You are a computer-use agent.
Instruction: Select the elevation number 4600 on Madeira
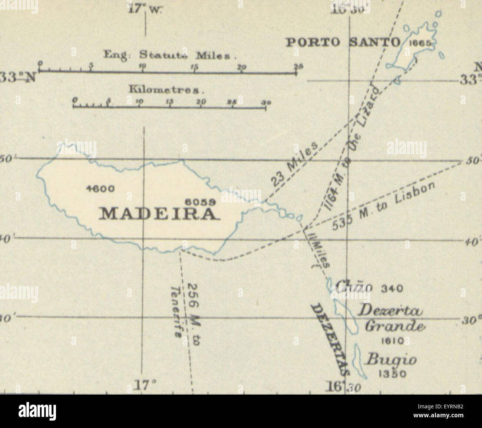[x=100, y=188]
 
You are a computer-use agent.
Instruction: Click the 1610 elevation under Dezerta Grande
[x=388, y=341]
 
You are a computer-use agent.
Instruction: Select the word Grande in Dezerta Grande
[x=394, y=326]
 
